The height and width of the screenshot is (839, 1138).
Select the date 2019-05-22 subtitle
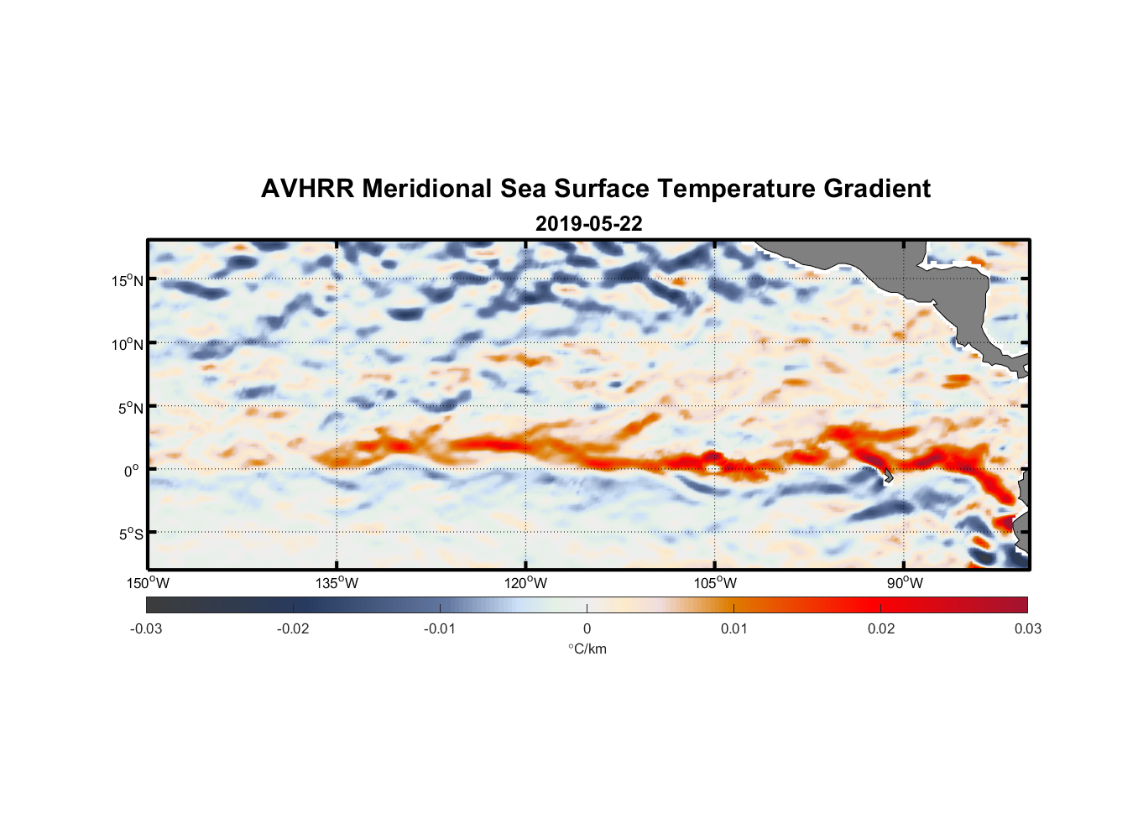click(588, 224)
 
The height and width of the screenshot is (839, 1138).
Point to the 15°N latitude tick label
click(128, 280)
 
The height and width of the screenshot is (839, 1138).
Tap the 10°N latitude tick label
click(128, 344)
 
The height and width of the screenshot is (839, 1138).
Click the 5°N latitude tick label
click(131, 408)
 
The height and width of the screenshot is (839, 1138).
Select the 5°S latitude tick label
click(131, 534)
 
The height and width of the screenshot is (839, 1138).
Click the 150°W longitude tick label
click(149, 583)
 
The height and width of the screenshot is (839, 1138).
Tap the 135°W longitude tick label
click(337, 583)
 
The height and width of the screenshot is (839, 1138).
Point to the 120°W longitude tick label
click(526, 583)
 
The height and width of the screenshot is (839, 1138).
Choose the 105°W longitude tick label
click(715, 583)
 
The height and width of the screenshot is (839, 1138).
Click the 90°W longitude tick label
click(905, 583)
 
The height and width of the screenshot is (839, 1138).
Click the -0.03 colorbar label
click(146, 628)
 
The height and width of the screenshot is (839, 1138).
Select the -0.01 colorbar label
click(440, 628)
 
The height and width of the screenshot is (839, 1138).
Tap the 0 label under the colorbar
click(587, 628)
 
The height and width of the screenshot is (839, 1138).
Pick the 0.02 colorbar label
click(881, 628)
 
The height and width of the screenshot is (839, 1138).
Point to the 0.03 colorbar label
click(1027, 628)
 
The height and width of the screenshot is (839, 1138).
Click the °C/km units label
click(587, 649)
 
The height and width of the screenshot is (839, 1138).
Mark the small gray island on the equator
click(888, 477)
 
